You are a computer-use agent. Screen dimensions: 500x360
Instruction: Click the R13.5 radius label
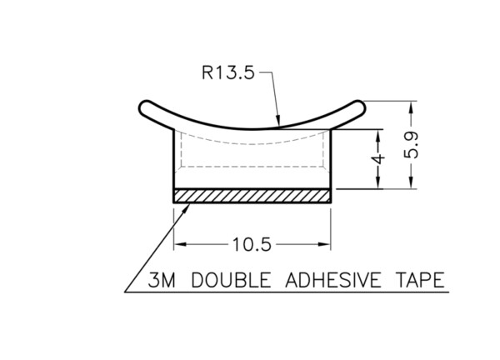[x=228, y=72]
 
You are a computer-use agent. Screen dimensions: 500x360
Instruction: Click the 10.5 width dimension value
[x=252, y=245]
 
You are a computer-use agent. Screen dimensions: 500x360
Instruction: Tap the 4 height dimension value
[x=378, y=159]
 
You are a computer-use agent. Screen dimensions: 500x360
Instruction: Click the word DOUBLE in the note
[x=231, y=280]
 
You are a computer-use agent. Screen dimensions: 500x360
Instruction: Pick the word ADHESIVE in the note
[x=332, y=280]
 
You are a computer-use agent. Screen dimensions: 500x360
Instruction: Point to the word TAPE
[x=420, y=280]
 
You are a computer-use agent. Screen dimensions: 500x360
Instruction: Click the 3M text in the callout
[x=162, y=280]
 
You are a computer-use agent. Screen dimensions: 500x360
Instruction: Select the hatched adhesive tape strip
[x=252, y=196]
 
